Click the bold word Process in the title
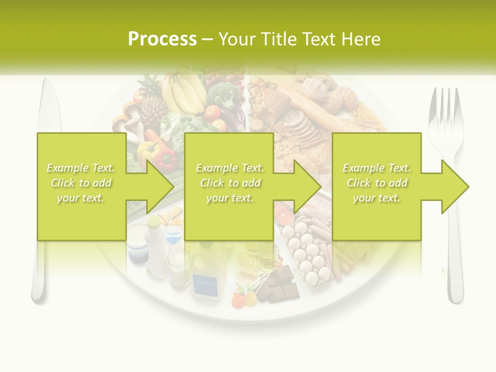coord(162,39)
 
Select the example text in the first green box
coord(81,183)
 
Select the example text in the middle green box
coord(230,183)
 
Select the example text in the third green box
coord(377,183)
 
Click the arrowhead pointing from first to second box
coord(160,187)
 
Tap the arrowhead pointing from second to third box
coord(308,187)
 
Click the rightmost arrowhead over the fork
coord(455,187)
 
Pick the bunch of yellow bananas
coord(183,93)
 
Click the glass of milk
coord(178,269)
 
